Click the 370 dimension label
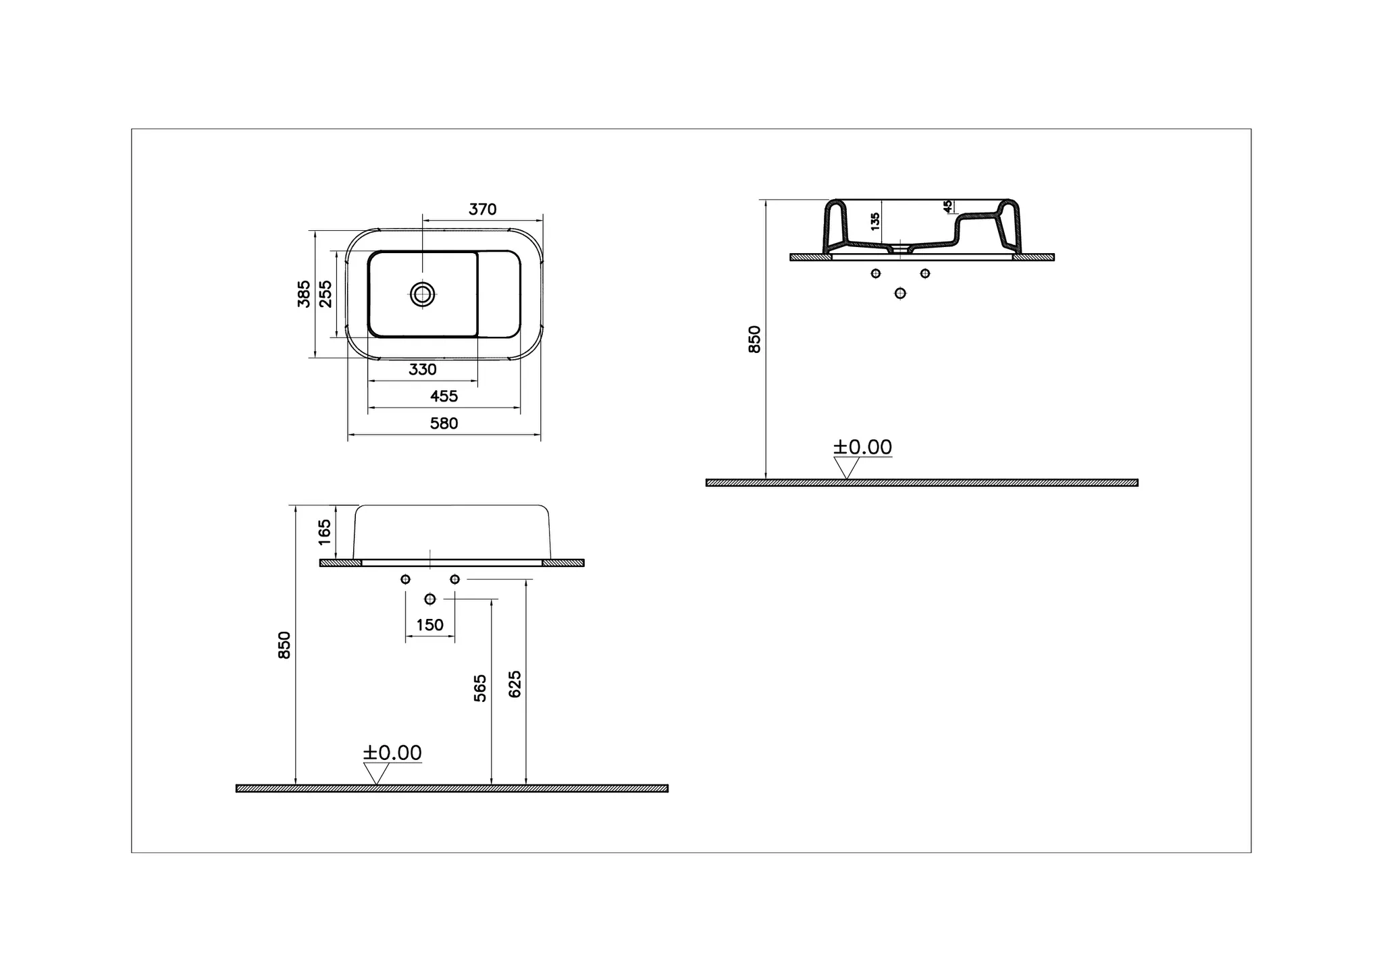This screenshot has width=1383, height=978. pyautogui.click(x=482, y=209)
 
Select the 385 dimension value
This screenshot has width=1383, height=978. pyautogui.click(x=305, y=294)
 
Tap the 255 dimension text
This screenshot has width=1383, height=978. pyautogui.click(x=325, y=294)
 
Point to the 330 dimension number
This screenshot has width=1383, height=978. pyautogui.click(x=423, y=369)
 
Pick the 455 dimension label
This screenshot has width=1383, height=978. pyautogui.click(x=444, y=396)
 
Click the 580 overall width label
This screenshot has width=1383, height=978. pyautogui.click(x=444, y=423)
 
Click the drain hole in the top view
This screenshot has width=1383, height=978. pyautogui.click(x=423, y=294)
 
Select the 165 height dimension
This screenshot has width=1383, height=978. pyautogui.click(x=325, y=533)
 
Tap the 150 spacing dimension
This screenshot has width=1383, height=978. pyautogui.click(x=429, y=625)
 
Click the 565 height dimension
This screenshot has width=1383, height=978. pyautogui.click(x=480, y=688)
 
